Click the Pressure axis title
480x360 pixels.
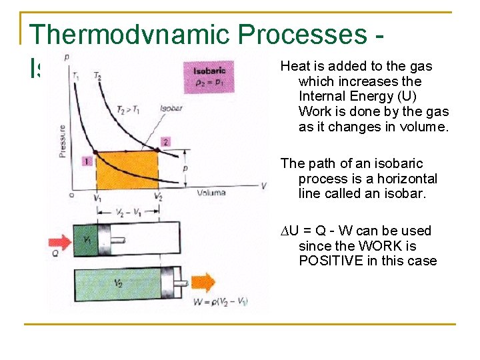(x=62, y=141)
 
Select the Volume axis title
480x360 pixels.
(x=211, y=193)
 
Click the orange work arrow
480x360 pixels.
(x=203, y=283)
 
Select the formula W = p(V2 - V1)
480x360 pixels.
(x=216, y=302)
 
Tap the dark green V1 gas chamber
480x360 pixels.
(x=87, y=239)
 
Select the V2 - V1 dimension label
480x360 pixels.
(x=128, y=213)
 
